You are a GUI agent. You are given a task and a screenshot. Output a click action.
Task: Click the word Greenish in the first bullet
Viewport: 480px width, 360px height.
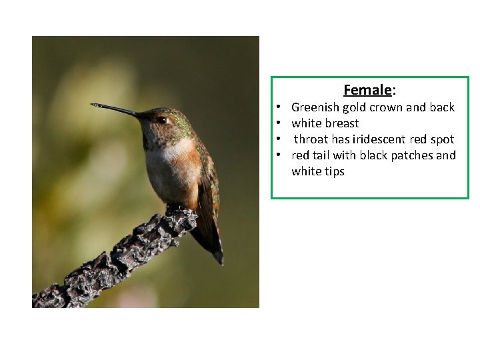click(x=315, y=107)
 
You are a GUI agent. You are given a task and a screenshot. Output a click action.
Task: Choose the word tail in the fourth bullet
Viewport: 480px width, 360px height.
click(x=322, y=155)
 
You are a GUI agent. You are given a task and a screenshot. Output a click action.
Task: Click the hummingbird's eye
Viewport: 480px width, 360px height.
click(x=161, y=120)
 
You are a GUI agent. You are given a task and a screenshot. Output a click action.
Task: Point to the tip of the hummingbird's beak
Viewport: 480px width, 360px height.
click(x=93, y=105)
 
